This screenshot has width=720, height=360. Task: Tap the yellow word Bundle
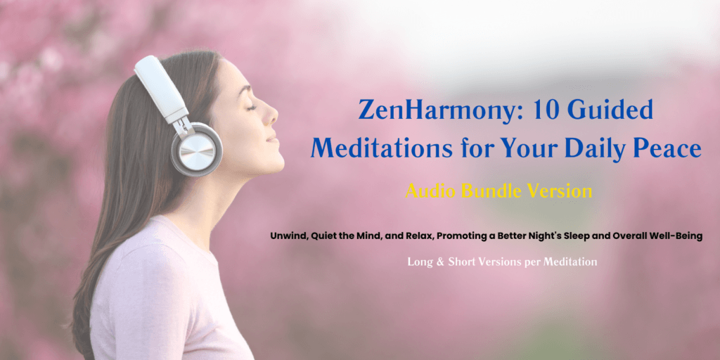(494, 190)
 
